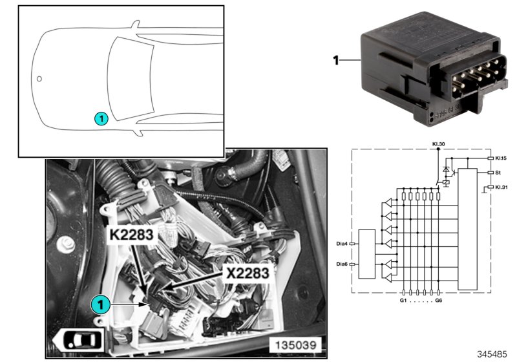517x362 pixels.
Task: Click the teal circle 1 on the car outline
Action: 101,118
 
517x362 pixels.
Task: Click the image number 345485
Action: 493,354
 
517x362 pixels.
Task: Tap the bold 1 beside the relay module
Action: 335,60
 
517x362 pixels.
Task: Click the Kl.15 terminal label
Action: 502,158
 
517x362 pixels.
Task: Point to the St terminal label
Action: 498,173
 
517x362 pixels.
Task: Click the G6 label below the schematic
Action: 440,300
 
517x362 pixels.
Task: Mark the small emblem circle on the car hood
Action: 39,79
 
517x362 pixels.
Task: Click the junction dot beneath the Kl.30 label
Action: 439,149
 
